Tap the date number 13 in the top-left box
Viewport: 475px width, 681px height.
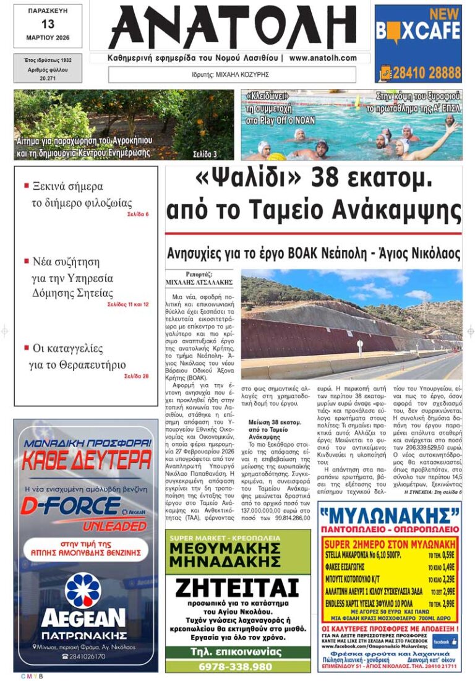pyautogui.click(x=48, y=24)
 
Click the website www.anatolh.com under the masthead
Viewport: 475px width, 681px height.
pyautogui.click(x=323, y=58)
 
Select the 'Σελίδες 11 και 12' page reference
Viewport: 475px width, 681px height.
pyautogui.click(x=128, y=304)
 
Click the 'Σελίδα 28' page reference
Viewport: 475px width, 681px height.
pyautogui.click(x=136, y=375)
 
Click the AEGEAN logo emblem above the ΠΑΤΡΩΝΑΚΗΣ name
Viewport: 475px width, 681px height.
pyautogui.click(x=83, y=590)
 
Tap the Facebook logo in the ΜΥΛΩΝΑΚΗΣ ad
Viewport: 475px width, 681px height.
pyautogui.click(x=445, y=641)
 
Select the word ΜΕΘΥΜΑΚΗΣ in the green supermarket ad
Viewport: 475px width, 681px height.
pyautogui.click(x=237, y=549)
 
